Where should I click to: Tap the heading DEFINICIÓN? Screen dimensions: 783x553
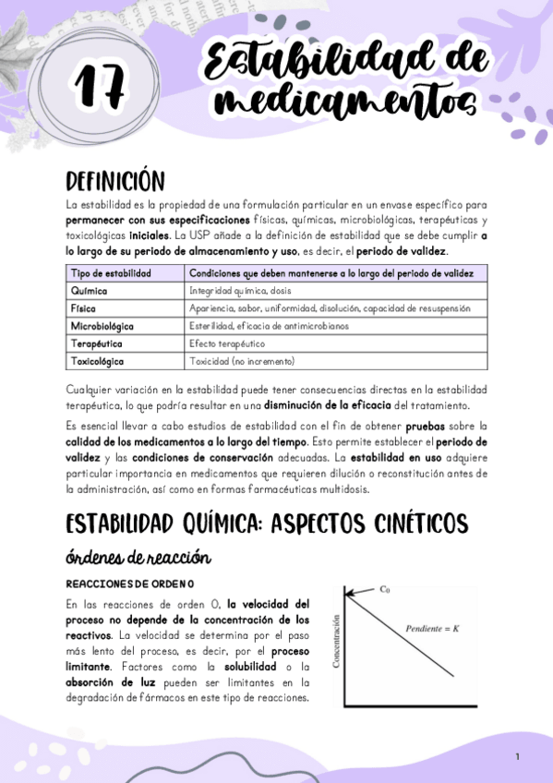[x=115, y=180]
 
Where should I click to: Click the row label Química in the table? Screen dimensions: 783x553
[x=90, y=291]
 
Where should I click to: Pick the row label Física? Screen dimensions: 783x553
[x=84, y=308]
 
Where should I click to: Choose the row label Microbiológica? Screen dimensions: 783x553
[x=102, y=326]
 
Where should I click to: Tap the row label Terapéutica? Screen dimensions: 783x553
[x=96, y=343]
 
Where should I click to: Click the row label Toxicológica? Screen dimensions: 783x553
[x=98, y=361]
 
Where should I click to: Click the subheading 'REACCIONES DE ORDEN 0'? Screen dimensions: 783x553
[x=130, y=584]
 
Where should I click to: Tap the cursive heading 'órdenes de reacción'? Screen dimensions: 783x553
[x=139, y=558]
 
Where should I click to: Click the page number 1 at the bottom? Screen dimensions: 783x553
[x=518, y=757]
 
